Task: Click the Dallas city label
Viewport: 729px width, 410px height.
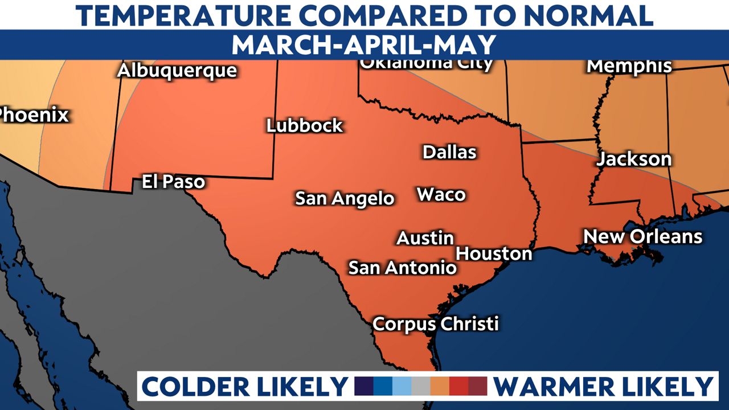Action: (449, 152)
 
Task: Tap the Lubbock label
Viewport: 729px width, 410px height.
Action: (305, 125)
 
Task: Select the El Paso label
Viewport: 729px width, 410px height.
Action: (173, 182)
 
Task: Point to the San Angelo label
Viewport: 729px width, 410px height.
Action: (345, 198)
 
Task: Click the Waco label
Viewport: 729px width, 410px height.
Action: (441, 195)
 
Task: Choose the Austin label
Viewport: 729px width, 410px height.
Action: (425, 238)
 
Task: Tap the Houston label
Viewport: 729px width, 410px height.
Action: (494, 253)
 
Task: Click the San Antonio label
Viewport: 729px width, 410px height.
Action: (402, 267)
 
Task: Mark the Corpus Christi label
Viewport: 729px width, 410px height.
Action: (436, 324)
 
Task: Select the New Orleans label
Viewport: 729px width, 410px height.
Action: (643, 236)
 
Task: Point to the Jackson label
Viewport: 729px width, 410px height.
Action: (634, 159)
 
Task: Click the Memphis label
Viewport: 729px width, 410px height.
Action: (629, 66)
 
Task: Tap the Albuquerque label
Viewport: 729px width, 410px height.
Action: (177, 71)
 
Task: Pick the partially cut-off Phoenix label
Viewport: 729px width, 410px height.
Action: (33, 115)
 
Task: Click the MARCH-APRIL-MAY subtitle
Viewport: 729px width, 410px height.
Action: (364, 44)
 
